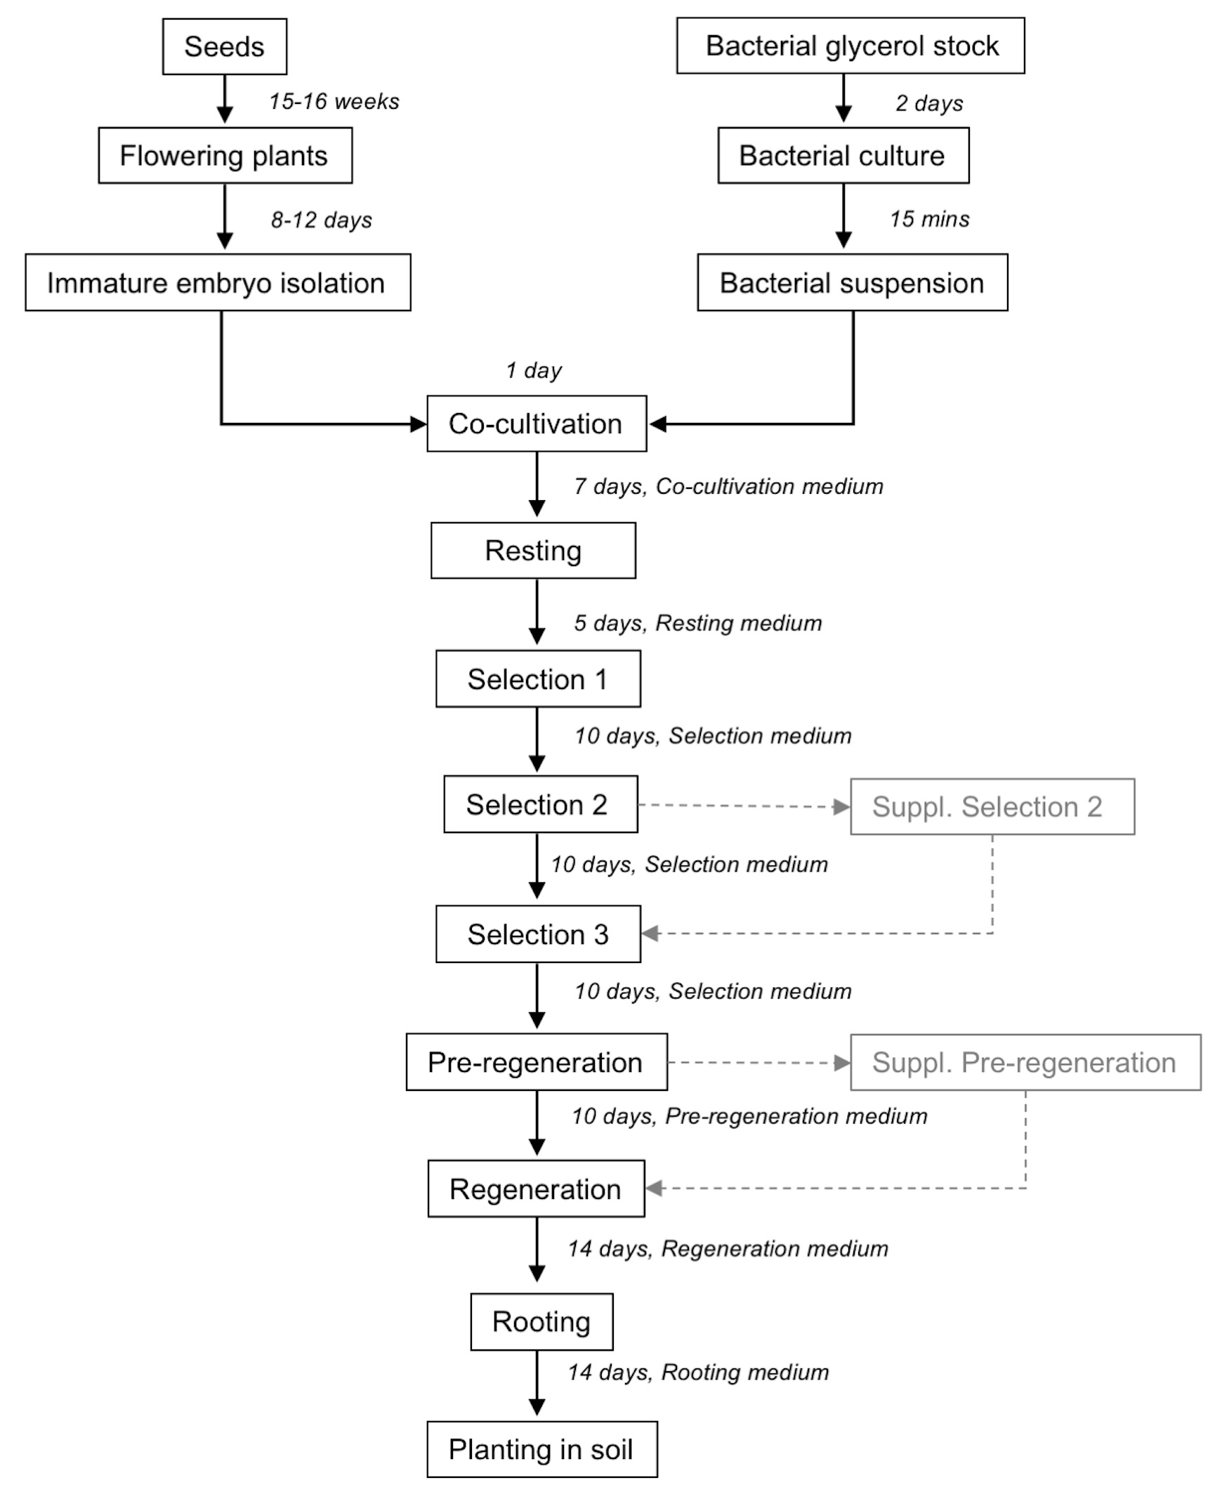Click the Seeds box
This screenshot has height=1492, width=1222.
[225, 46]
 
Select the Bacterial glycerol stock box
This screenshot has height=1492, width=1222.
[850, 46]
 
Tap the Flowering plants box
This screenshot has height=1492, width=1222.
[225, 156]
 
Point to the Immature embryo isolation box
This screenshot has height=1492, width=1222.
[218, 282]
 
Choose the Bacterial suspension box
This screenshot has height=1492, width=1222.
[853, 282]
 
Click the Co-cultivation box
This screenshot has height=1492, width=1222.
[537, 423]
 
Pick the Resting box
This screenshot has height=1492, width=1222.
[534, 551]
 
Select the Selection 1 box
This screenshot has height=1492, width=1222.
[539, 679]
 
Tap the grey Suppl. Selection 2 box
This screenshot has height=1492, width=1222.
[992, 807]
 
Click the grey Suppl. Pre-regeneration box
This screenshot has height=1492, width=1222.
[1025, 1063]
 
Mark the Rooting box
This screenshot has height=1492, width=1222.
[542, 1321]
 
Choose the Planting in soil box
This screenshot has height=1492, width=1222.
[542, 1449]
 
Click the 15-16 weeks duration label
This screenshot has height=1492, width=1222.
[334, 101]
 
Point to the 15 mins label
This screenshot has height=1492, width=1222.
[930, 219]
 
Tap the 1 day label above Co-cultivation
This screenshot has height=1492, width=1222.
[534, 370]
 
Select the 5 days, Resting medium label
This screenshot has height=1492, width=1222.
[698, 623]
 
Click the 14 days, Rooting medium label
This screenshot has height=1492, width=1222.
[699, 1373]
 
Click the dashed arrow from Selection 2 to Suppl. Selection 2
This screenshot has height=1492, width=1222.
[744, 806]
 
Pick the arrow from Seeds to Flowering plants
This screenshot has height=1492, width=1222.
[225, 99]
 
